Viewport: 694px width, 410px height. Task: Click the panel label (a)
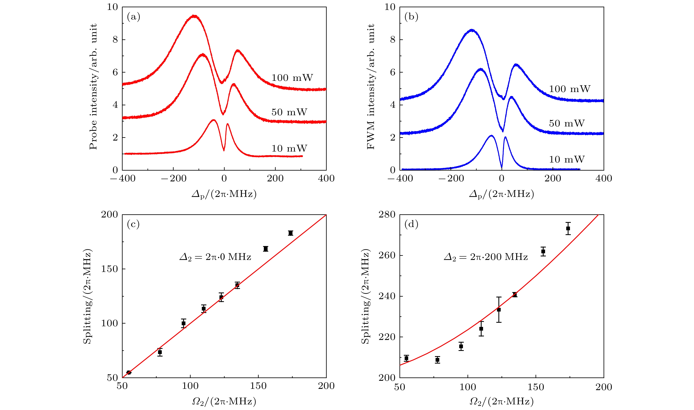coord(134,17)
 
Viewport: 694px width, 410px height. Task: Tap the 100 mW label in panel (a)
coord(292,78)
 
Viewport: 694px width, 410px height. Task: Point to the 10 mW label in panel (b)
coord(567,159)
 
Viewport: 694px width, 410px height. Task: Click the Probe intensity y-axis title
coord(93,86)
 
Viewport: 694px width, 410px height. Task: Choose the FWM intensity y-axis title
coord(371,86)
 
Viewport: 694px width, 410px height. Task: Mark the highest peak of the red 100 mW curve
coord(195,16)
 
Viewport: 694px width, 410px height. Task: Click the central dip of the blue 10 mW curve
coord(502,167)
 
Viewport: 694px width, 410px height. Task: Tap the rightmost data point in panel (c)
coord(290,233)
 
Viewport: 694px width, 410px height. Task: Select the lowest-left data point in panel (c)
coord(129,372)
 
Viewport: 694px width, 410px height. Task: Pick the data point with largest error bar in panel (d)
coord(499,310)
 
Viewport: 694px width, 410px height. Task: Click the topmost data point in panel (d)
coord(568,228)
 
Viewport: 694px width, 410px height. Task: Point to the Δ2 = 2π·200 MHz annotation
coord(486,257)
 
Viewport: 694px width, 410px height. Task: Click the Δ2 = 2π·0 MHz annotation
coord(215,257)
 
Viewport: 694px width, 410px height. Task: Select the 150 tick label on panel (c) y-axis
coord(110,269)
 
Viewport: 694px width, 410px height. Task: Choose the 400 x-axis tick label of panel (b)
coord(604,178)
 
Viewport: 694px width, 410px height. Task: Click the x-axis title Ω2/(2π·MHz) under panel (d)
coord(501,401)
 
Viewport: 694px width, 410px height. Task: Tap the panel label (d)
coord(411,224)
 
